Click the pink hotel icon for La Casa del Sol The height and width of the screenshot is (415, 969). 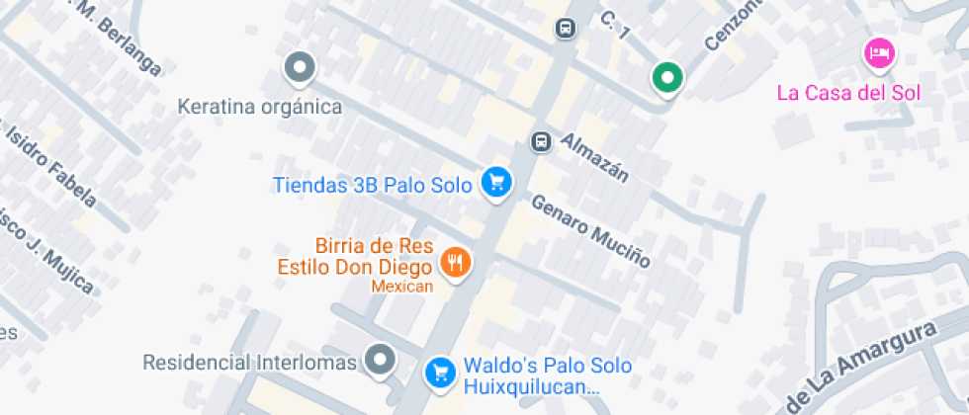(x=878, y=53)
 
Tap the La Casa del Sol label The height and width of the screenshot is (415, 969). (x=848, y=93)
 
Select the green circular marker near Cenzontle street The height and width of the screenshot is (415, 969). (x=667, y=77)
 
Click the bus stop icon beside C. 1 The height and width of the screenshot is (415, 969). (x=565, y=28)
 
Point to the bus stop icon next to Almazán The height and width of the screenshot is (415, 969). (x=541, y=141)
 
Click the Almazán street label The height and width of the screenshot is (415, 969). (x=594, y=157)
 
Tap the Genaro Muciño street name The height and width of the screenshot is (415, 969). (x=590, y=230)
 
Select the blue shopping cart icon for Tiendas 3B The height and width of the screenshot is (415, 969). (x=496, y=182)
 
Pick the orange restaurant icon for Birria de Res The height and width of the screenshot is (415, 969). (x=456, y=262)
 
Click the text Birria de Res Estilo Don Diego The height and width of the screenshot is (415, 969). (x=354, y=256)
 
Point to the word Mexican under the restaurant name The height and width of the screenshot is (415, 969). (x=402, y=287)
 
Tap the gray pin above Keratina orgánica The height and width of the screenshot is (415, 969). (x=300, y=68)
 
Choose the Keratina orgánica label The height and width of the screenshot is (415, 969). (x=260, y=106)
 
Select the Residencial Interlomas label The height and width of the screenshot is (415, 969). (x=249, y=363)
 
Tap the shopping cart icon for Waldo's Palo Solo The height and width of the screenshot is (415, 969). (x=439, y=373)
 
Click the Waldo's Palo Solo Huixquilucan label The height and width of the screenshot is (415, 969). (x=533, y=376)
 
